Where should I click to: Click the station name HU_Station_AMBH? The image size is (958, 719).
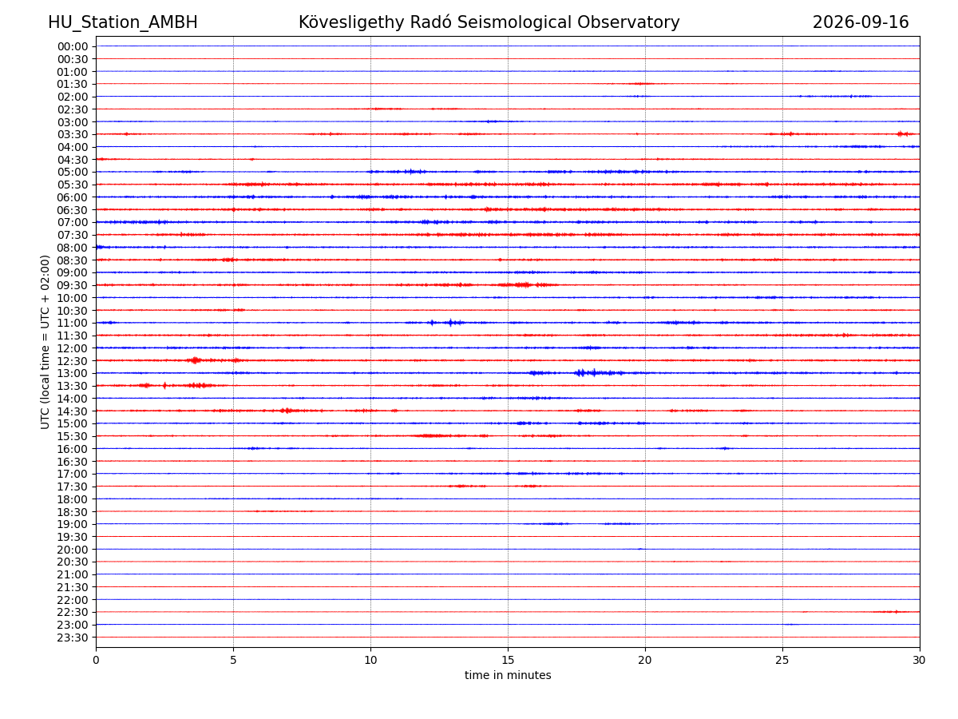123,22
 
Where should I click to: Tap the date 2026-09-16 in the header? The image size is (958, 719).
861,22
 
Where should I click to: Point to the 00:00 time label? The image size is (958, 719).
73,46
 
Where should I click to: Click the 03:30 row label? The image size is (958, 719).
73,134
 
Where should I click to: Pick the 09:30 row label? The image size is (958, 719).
73,285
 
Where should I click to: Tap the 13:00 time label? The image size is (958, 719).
73,374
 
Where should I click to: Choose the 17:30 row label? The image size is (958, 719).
73,487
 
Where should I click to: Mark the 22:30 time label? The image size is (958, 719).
73,613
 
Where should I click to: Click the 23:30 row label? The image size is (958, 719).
73,638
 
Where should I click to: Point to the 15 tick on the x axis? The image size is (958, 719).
508,660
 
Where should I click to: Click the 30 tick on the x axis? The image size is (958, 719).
920,660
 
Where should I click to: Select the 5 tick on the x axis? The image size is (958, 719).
233,660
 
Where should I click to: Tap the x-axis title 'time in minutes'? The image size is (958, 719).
508,675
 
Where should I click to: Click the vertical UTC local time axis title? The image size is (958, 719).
45,342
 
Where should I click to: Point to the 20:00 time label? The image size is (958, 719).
73,550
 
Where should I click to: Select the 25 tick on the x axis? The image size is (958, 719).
782,660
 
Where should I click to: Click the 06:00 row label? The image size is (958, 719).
73,197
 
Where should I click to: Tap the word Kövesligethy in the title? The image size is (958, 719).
351,22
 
